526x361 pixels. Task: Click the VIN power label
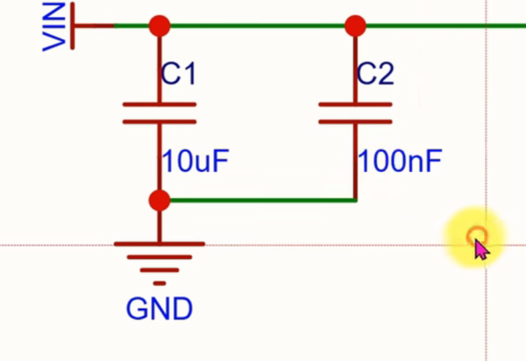[x=53, y=26]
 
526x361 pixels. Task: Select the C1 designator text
[x=179, y=74]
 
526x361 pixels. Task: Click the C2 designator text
[x=376, y=74]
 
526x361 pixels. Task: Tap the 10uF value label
[x=196, y=161]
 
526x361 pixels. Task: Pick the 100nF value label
[x=400, y=161]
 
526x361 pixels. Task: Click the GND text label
[x=159, y=309]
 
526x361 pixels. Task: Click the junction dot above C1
[x=159, y=26]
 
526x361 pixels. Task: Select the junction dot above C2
[x=356, y=26]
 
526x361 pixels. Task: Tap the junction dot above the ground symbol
[x=159, y=201]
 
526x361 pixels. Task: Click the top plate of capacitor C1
[x=159, y=104]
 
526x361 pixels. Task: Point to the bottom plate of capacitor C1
[x=159, y=122]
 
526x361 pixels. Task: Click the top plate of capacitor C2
[x=356, y=104]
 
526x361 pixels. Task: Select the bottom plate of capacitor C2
[x=356, y=122]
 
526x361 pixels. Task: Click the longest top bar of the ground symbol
[x=159, y=244]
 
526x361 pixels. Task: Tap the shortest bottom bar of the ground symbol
[x=159, y=283]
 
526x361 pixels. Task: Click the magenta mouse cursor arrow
[x=481, y=248]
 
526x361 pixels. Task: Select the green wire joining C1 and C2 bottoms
[x=263, y=201]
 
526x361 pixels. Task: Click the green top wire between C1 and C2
[x=257, y=26]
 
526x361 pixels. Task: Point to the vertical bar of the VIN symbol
[x=72, y=26]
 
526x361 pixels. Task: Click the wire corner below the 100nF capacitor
[x=356, y=201]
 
